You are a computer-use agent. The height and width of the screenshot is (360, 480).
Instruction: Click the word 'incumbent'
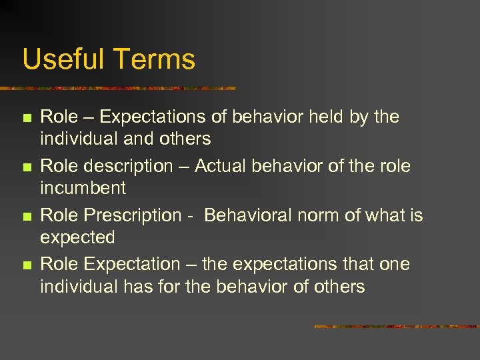pyautogui.click(x=83, y=189)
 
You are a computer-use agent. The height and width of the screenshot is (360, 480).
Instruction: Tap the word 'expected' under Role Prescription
pyautogui.click(x=77, y=238)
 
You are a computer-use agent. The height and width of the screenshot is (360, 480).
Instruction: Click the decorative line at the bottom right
pyautogui.click(x=396, y=327)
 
